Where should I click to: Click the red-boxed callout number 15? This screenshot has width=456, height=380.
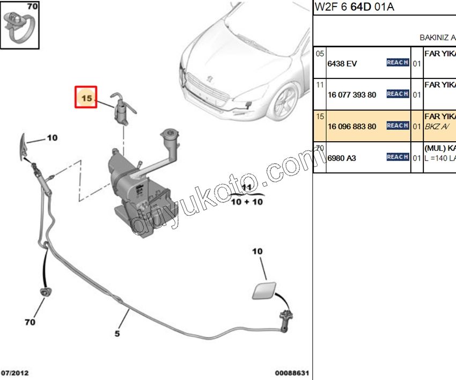(86, 98)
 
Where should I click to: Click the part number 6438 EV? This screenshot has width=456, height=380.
(342, 64)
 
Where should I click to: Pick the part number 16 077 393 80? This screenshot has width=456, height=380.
(352, 95)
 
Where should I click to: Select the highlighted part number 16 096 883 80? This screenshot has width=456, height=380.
(352, 127)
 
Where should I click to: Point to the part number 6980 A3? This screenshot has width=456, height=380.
(342, 158)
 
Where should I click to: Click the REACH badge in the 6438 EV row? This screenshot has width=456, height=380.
(398, 63)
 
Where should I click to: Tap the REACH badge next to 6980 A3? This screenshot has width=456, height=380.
(398, 157)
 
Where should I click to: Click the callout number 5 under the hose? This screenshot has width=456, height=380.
(116, 333)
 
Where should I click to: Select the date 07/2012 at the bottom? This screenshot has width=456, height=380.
(15, 372)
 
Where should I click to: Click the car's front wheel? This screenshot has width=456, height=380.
(285, 102)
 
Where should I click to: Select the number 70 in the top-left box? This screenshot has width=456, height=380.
(32, 7)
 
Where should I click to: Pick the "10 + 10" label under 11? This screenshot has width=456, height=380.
(246, 202)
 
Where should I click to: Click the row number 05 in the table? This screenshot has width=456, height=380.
(320, 54)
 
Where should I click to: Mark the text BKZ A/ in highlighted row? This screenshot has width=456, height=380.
(435, 126)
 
